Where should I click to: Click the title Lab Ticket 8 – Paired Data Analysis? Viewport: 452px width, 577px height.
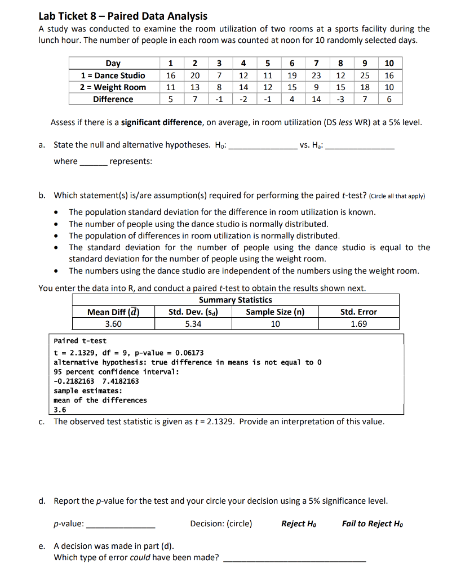(123, 16)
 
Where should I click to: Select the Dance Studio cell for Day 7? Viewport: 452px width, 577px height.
(316, 76)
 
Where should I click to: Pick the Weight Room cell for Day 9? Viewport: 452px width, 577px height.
(365, 87)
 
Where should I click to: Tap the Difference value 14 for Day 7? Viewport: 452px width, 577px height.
(316, 99)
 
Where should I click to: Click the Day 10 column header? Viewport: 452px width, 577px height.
(389, 63)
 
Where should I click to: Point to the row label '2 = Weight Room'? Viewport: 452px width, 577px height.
(113, 87)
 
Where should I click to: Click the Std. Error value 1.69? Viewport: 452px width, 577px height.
(358, 324)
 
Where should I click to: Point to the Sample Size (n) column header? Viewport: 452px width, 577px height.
(275, 312)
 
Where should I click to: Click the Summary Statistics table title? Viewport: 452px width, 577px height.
(236, 300)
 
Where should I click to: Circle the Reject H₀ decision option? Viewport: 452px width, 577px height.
(298, 523)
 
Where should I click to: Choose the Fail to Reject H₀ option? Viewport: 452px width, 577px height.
(372, 523)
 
